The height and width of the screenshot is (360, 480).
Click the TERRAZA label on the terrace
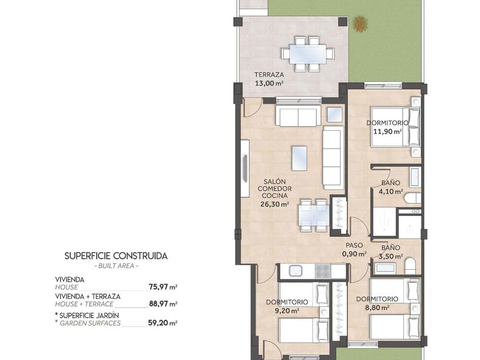[x=269, y=74]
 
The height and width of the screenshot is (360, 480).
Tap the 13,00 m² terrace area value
[x=269, y=83]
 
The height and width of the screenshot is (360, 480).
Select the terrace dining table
[x=308, y=54]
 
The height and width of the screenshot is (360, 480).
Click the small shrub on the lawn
[x=361, y=24]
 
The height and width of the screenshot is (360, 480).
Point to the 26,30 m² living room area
[x=275, y=204]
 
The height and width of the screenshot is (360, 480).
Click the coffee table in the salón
[x=299, y=158]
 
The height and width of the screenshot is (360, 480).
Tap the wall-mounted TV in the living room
[x=245, y=169]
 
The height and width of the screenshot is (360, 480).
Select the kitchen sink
[x=296, y=271]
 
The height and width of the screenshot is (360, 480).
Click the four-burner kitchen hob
[x=322, y=271]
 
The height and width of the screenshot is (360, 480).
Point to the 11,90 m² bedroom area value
[x=387, y=131]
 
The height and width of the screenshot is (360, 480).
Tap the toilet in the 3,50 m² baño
[x=410, y=266]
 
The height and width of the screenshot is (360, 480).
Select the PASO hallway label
[x=354, y=245]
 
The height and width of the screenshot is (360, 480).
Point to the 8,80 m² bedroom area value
[x=377, y=307]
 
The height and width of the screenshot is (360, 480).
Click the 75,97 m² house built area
[x=163, y=287]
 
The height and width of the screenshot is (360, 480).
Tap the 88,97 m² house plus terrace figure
[x=163, y=303]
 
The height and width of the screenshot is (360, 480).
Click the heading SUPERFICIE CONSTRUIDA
[x=116, y=256]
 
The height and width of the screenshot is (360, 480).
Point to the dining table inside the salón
[x=314, y=215]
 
